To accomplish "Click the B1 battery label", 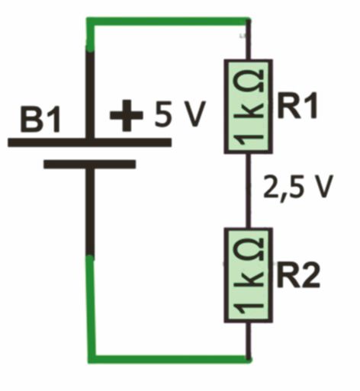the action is [x=40, y=120].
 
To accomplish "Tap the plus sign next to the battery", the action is [x=126, y=115].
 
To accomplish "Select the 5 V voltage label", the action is [x=179, y=114].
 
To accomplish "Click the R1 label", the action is [x=297, y=106].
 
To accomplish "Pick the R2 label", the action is [x=298, y=274].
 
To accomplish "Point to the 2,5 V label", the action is [x=298, y=187].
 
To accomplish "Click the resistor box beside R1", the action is [x=248, y=107].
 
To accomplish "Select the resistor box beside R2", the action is [x=248, y=275].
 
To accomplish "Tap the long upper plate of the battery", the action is [x=89, y=143].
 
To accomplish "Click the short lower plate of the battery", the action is [x=90, y=164].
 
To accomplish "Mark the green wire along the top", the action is [x=168, y=21].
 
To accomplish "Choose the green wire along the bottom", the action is [x=170, y=359].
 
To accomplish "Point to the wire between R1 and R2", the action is [x=248, y=191].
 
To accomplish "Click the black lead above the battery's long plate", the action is [x=91, y=95].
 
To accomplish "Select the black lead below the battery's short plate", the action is [x=91, y=212].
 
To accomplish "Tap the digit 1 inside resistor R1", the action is [x=250, y=139].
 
